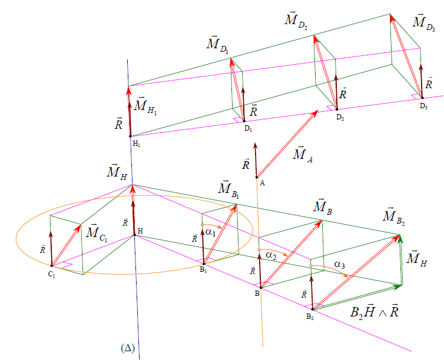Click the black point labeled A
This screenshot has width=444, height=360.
pyautogui.click(x=257, y=177)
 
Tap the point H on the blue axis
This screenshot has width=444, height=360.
pyautogui.click(x=134, y=235)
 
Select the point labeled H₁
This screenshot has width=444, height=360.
pyautogui.click(x=130, y=136)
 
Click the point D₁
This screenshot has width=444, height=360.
pyautogui.click(x=244, y=121)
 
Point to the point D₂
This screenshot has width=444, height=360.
pyautogui.click(x=337, y=109)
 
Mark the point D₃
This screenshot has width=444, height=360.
pyautogui.click(x=422, y=98)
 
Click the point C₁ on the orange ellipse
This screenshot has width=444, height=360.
pyautogui.click(x=52, y=266)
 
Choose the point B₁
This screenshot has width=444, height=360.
pyautogui.click(x=204, y=264)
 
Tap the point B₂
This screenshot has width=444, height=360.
pyautogui.click(x=313, y=309)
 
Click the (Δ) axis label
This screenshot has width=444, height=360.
pyautogui.click(x=128, y=348)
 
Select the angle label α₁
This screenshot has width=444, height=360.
pyautogui.click(x=211, y=232)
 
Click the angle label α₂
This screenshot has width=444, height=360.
pyautogui.click(x=271, y=255)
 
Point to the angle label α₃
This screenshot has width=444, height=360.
pyautogui.click(x=340, y=265)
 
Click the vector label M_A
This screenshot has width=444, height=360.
pyautogui.click(x=303, y=154)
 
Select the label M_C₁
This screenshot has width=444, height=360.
pyautogui.click(x=97, y=234)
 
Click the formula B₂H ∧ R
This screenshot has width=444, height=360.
pyautogui.click(x=375, y=312)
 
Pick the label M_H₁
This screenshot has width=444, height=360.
pyautogui.click(x=145, y=106)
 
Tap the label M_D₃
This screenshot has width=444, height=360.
pyautogui.click(x=423, y=22)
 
